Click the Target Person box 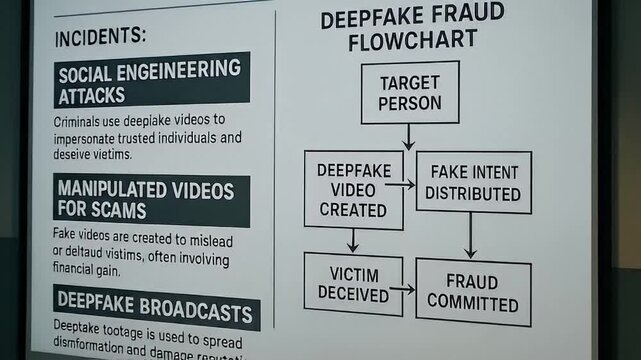tap(410, 92)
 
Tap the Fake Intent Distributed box tap(472, 181)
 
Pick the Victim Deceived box tap(353, 284)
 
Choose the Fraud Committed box tap(472, 291)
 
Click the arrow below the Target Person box tap(408, 137)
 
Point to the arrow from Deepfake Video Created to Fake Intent tap(400, 184)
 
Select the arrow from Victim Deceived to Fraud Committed tap(402, 288)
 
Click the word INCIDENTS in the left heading tap(100, 36)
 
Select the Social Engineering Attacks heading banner tap(151, 81)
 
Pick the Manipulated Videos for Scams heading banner tap(151, 200)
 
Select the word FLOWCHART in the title tap(397, 42)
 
